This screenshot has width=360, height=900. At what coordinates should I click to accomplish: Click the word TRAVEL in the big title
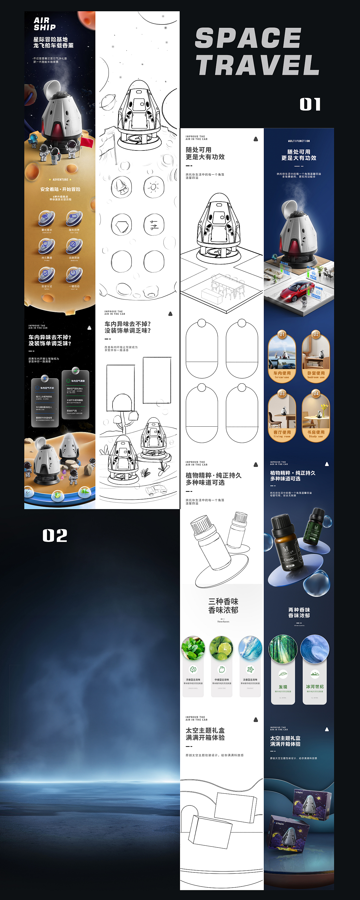(x=257, y=65)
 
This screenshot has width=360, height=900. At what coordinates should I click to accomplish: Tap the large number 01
(x=310, y=104)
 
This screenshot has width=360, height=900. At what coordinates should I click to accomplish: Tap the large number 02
(x=55, y=535)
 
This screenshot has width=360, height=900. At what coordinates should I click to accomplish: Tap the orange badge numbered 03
(x=282, y=394)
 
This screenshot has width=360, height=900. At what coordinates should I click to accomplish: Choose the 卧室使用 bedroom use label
(x=316, y=375)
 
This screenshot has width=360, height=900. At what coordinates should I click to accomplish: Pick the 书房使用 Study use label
(x=316, y=434)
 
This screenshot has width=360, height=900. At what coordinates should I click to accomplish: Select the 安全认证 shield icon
(x=46, y=274)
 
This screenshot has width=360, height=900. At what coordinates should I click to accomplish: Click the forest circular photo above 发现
(x=283, y=649)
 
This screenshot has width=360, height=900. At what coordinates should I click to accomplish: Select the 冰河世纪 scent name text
(x=314, y=687)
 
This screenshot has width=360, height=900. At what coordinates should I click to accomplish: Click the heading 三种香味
(x=223, y=601)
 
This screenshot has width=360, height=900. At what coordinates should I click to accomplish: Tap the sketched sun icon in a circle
(x=154, y=187)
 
